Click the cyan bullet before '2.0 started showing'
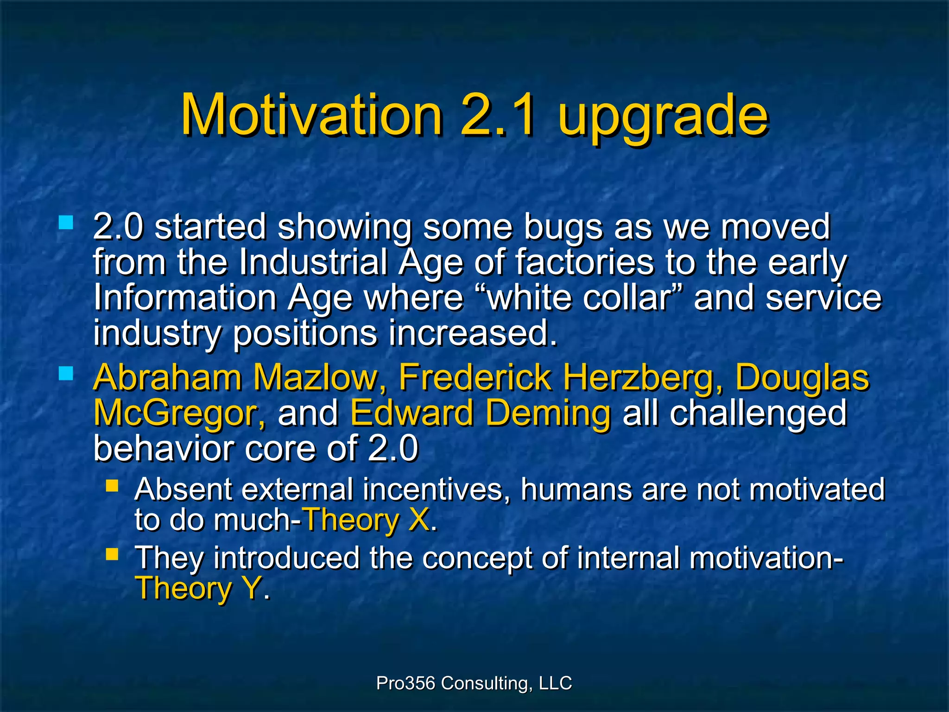pyautogui.click(x=66, y=222)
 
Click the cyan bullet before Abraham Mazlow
pyautogui.click(x=66, y=373)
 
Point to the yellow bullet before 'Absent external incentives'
pyautogui.click(x=112, y=485)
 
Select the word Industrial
pyautogui.click(x=313, y=262)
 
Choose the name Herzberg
pyautogui.click(x=642, y=378)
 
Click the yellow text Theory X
pyautogui.click(x=368, y=520)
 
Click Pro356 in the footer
pyautogui.click(x=405, y=683)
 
